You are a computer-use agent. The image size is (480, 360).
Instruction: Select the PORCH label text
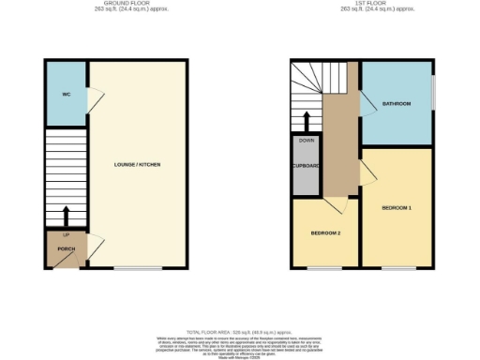point(66,248)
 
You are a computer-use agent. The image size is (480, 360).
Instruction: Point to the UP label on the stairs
point(66,234)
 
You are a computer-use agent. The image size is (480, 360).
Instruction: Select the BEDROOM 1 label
point(397,206)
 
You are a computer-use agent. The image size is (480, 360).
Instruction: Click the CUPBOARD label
point(306,166)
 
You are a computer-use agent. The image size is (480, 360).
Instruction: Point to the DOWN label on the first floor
point(306,141)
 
